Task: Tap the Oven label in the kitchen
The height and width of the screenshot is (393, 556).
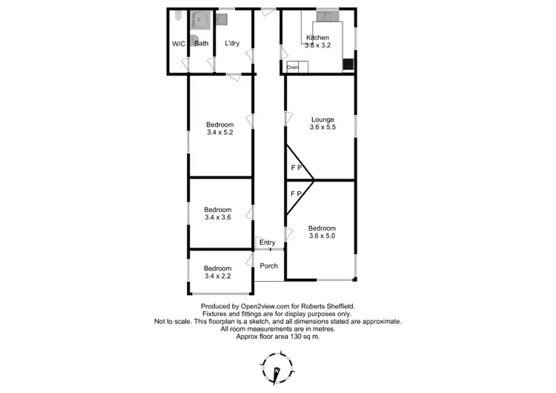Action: tap(293, 67)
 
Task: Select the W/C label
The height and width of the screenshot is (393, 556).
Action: tap(179, 44)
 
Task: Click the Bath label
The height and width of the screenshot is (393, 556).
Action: tap(201, 44)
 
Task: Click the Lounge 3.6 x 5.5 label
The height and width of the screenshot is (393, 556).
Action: tap(322, 123)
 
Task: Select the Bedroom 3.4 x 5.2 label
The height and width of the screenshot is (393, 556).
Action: tap(219, 129)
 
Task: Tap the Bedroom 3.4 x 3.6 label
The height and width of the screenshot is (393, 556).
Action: tap(218, 214)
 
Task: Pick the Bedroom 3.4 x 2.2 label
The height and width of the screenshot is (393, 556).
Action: tap(218, 272)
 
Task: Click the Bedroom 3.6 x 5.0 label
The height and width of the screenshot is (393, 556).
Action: tap(322, 232)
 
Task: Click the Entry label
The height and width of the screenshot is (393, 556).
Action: tap(267, 242)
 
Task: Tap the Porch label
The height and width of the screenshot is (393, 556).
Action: tap(268, 266)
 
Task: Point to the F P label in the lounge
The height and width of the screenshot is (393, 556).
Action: tap(297, 168)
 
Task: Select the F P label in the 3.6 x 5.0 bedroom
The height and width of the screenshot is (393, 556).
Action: tap(297, 194)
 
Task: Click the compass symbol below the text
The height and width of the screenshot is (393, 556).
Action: tap(277, 368)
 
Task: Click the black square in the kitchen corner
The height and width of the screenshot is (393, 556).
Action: tap(348, 64)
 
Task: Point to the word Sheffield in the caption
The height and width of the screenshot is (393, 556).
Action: tap(340, 306)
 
